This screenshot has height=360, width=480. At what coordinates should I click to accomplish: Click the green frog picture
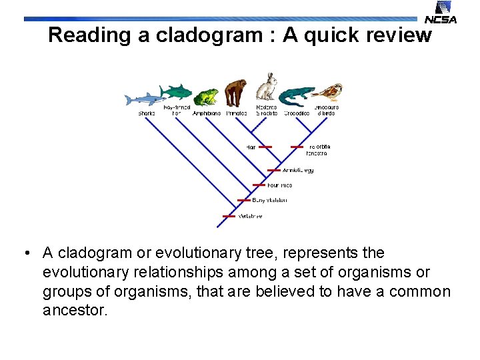(x=206, y=97)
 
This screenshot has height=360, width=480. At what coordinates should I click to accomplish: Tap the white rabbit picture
(x=267, y=89)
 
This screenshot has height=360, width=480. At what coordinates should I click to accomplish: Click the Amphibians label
(x=207, y=113)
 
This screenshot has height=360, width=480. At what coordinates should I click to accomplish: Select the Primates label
(x=237, y=113)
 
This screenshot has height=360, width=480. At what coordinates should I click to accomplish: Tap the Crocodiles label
(x=297, y=113)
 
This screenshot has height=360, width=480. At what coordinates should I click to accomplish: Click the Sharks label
(x=147, y=113)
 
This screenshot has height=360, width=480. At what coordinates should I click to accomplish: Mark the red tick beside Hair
(x=265, y=147)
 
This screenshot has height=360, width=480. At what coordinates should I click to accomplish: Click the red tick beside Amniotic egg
(x=274, y=170)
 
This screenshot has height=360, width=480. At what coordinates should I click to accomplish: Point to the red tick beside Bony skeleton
(x=245, y=200)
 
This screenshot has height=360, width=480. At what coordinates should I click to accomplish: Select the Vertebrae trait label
(x=251, y=216)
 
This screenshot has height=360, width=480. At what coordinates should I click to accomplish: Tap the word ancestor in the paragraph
(x=75, y=310)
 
